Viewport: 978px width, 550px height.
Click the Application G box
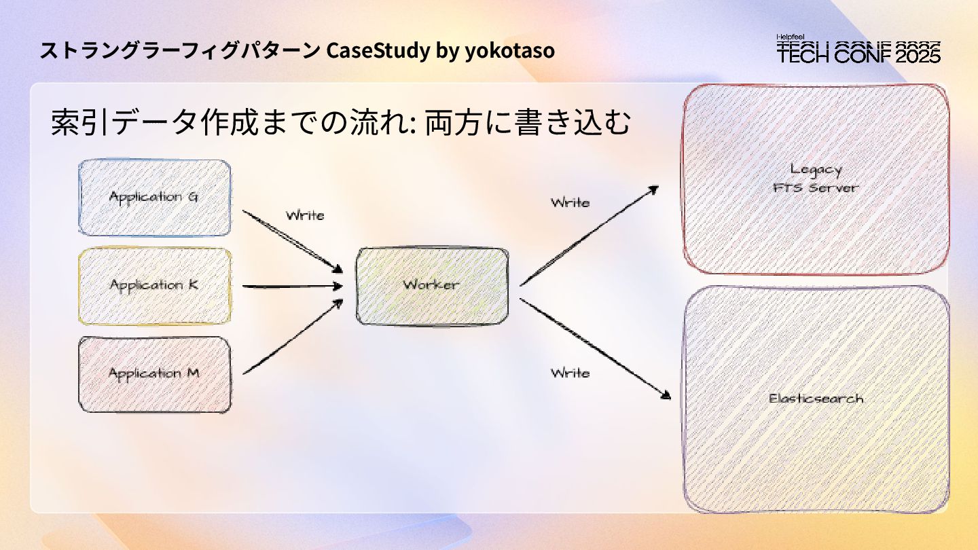click(x=155, y=198)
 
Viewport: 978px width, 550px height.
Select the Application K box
click(x=155, y=285)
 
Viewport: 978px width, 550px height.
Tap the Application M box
click(x=155, y=373)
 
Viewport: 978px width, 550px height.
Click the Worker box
click(x=432, y=285)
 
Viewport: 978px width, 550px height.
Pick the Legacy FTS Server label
click(x=816, y=179)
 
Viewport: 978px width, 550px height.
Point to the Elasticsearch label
click(x=816, y=399)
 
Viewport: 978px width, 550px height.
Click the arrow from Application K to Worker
click(x=292, y=287)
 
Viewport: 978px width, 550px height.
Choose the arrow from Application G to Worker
click(x=292, y=241)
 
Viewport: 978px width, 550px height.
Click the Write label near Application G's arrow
click(x=305, y=215)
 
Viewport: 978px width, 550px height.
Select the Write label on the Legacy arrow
click(x=570, y=202)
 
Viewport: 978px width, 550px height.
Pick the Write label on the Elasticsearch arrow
click(x=570, y=373)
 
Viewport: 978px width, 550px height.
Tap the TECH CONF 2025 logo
click(x=858, y=53)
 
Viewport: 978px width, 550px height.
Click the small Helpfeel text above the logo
click(x=791, y=37)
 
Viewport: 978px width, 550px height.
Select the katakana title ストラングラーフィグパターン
click(x=180, y=51)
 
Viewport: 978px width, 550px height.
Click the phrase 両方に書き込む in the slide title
click(x=528, y=124)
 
